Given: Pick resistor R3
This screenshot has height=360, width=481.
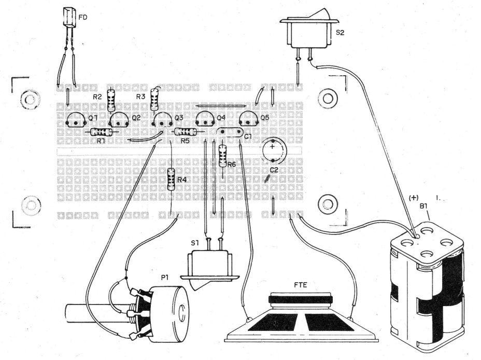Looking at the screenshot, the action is click(155, 100).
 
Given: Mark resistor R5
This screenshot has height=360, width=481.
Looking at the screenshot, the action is click(186, 132).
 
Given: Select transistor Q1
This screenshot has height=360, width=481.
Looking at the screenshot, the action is click(76, 120).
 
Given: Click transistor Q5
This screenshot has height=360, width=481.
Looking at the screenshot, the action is click(249, 119).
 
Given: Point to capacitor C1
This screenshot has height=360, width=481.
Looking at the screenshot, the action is click(230, 132).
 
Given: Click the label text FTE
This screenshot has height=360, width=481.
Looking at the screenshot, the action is click(300, 285).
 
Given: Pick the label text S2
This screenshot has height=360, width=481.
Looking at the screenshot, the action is click(340, 32).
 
